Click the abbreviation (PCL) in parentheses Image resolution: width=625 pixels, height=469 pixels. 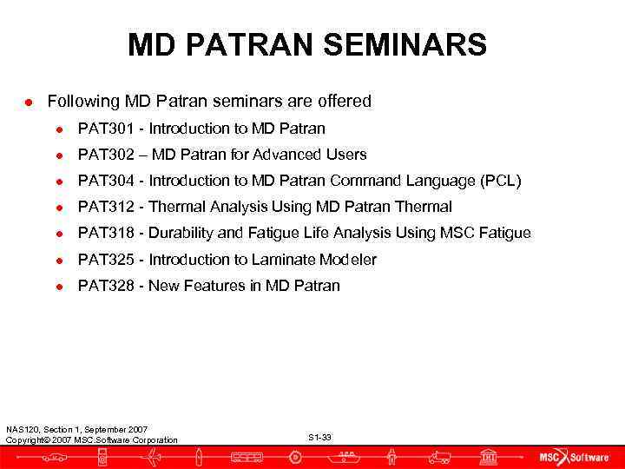(x=500, y=181)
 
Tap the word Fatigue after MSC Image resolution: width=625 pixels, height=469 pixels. (x=503, y=233)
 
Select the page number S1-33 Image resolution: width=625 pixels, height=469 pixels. (x=319, y=437)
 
